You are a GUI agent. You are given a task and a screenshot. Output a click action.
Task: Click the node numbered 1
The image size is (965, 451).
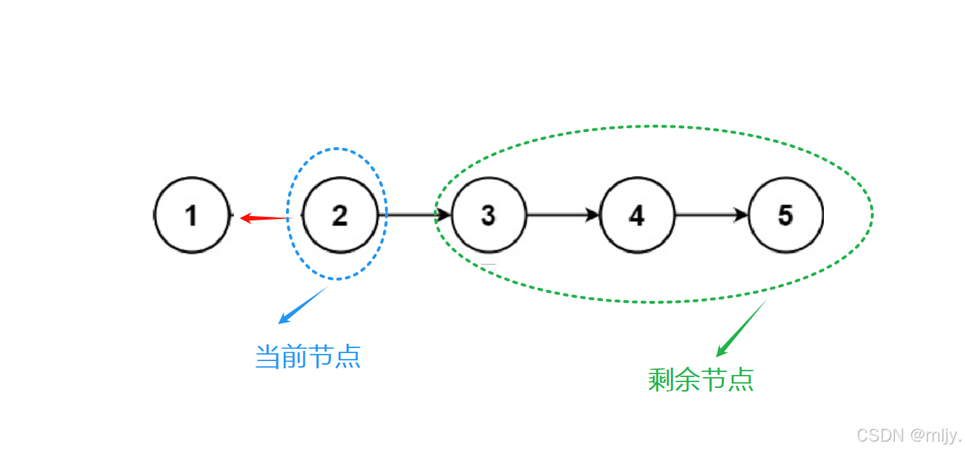pos(192,215)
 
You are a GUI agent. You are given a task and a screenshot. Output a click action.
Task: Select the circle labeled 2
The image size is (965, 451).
pos(340,215)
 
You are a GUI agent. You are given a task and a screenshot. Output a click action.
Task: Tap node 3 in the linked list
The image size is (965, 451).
pos(489,215)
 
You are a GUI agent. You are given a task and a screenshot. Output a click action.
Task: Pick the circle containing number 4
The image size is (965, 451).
pos(637,215)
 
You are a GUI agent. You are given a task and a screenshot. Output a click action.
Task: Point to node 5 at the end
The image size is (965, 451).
pos(785,215)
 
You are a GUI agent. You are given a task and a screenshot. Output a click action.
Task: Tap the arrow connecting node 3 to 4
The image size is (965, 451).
pos(563,215)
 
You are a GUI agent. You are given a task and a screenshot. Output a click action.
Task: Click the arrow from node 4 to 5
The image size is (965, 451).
pos(712,215)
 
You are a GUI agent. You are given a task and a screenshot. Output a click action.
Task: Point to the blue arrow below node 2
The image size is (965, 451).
pos(303,305)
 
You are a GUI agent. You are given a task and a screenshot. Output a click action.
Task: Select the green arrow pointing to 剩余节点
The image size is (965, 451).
pos(741,328)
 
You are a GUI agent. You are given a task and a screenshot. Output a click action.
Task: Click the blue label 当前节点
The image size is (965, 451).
pos(308,357)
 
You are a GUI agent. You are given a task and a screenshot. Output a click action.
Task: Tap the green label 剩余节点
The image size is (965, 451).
pos(701,379)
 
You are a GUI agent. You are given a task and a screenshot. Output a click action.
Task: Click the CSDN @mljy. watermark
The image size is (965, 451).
pos(909,435)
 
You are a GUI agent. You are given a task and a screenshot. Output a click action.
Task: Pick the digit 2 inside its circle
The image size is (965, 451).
pos(340,215)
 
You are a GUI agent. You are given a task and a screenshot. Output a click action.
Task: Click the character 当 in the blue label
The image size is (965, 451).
pos(269,357)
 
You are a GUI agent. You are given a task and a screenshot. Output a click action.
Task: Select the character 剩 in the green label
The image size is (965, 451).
pos(661,379)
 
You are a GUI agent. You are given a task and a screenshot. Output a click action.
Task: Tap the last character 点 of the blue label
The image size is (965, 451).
pos(348,357)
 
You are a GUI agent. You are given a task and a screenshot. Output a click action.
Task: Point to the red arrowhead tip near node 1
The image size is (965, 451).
pos(243,218)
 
